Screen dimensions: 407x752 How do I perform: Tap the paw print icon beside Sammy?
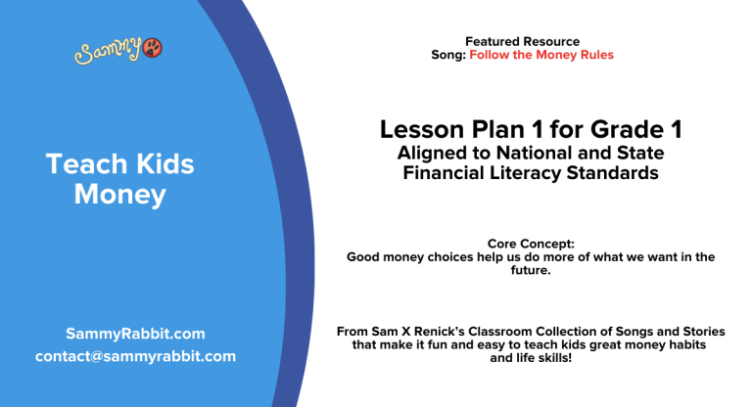tap(153, 49)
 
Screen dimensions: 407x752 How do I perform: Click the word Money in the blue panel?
tap(119, 195)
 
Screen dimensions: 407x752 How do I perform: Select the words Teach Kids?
tap(119, 163)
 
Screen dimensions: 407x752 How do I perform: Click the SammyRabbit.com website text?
tap(135, 334)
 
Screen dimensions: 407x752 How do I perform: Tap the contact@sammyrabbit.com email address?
tap(135, 356)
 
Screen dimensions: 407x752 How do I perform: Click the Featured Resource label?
tap(522, 41)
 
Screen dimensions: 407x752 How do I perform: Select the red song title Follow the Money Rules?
tap(541, 55)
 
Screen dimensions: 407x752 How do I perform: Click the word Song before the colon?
tap(447, 55)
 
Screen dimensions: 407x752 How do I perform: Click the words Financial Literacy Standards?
tap(530, 173)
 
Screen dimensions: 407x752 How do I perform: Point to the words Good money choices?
tap(404, 256)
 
